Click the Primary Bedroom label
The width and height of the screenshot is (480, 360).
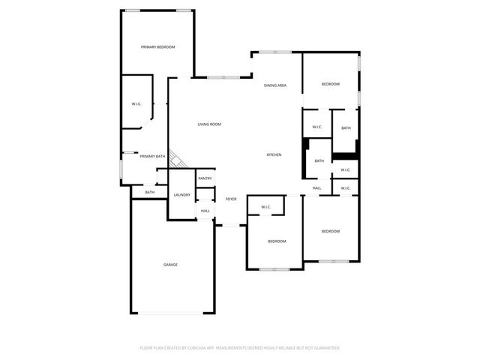(x=158, y=47)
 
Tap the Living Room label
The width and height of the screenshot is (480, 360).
(x=209, y=124)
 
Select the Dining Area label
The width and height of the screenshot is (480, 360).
(x=275, y=85)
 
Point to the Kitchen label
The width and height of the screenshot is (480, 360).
(x=274, y=155)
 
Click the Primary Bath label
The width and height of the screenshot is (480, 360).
(x=152, y=156)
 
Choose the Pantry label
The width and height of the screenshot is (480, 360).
(x=205, y=178)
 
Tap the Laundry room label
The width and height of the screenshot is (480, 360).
(x=181, y=195)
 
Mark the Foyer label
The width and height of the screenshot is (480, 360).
(x=231, y=199)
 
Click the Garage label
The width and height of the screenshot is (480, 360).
(x=171, y=265)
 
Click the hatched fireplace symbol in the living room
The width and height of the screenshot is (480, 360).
(x=178, y=159)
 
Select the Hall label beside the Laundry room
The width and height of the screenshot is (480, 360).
(x=205, y=211)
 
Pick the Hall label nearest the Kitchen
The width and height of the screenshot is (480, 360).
(x=317, y=187)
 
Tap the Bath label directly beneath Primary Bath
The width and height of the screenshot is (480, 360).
(x=150, y=193)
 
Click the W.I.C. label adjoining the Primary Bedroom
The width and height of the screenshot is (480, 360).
(x=136, y=103)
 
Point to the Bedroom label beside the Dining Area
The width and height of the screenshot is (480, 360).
(x=331, y=84)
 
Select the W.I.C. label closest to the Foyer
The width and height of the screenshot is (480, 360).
(x=265, y=207)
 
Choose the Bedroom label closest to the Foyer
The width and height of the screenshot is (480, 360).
(x=277, y=241)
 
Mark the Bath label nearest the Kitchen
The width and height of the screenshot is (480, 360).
(x=319, y=161)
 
